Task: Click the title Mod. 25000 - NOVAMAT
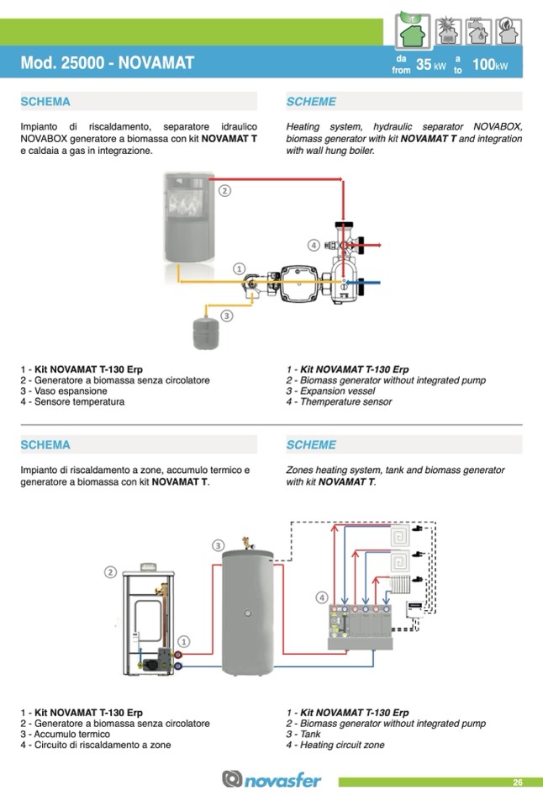[x=107, y=63]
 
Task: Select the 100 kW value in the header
[x=490, y=65]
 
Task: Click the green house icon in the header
[x=412, y=33]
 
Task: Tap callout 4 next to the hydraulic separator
[x=314, y=245]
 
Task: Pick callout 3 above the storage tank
[x=218, y=545]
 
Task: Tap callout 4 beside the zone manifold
[x=322, y=597]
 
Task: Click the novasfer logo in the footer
[x=271, y=780]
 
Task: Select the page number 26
[x=518, y=783]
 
